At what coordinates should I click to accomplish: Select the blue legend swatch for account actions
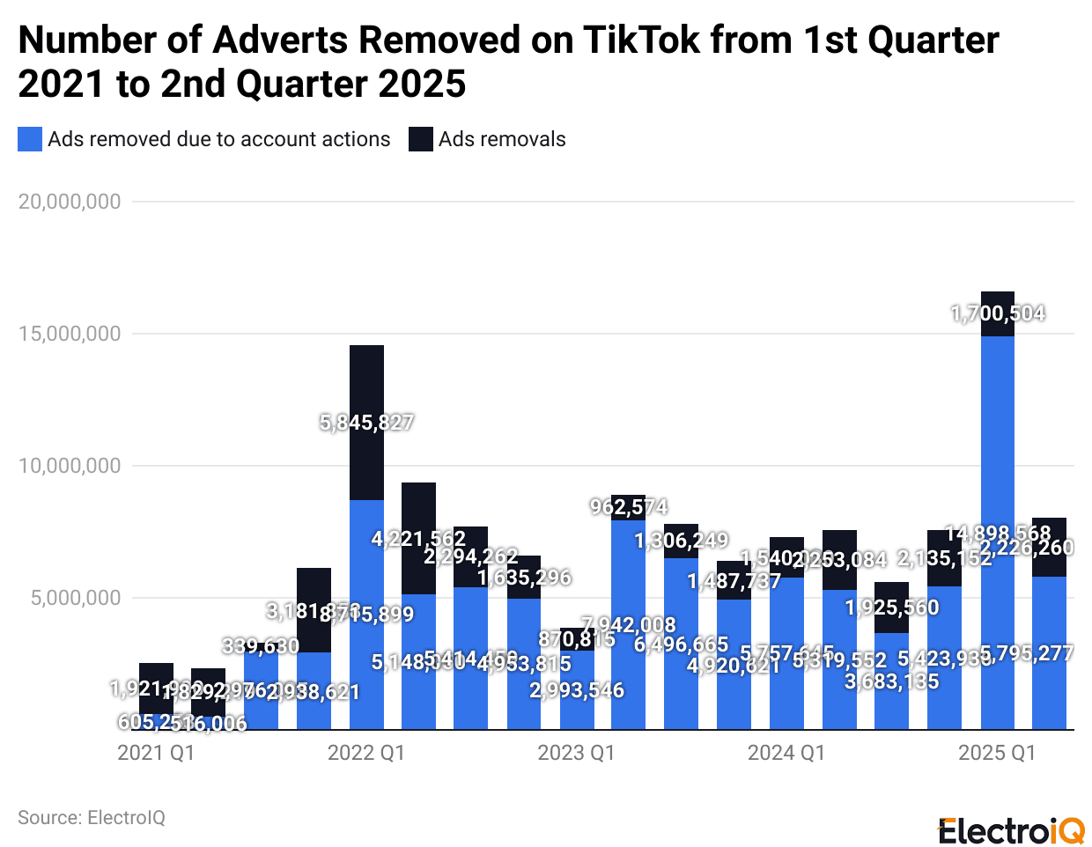pos(30,139)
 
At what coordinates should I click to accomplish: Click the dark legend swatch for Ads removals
pos(421,139)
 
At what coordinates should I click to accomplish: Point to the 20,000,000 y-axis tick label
pos(70,202)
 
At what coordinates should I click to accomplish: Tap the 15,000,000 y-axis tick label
pos(70,334)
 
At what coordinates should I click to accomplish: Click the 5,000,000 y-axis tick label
pos(75,598)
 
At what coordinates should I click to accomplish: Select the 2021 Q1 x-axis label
pos(156,753)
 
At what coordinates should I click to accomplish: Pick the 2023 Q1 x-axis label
pos(576,753)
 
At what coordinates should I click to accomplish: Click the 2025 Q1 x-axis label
pos(997,753)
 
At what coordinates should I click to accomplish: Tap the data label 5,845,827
pos(366,423)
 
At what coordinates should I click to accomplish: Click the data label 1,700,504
pos(998,313)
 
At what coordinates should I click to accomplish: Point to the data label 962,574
pos(629,507)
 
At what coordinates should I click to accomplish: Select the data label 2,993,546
pos(577,690)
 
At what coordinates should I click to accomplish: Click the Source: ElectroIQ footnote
pos(92,818)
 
